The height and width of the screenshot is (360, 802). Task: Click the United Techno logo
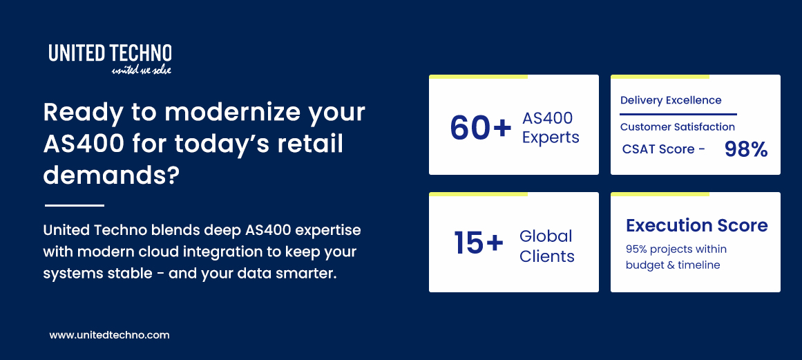[x=110, y=53]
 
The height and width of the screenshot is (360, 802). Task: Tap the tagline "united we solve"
[x=141, y=70]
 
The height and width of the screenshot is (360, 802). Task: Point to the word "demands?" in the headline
[x=111, y=176]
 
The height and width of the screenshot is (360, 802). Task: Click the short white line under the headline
[x=74, y=205]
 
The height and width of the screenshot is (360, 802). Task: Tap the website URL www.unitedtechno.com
[x=109, y=335]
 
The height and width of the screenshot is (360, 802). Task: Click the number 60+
[x=481, y=127]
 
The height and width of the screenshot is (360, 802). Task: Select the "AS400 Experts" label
[x=550, y=128]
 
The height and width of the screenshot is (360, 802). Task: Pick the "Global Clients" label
[x=546, y=246]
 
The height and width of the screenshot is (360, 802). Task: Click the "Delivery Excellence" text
[x=671, y=101]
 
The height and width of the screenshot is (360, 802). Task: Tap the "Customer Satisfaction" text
[x=677, y=127]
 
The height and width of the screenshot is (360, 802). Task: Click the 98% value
[x=745, y=149]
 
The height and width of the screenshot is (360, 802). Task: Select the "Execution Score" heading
[x=696, y=226]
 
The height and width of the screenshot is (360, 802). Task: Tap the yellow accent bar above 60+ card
[x=478, y=77]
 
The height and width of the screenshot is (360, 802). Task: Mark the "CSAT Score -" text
[x=663, y=149]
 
